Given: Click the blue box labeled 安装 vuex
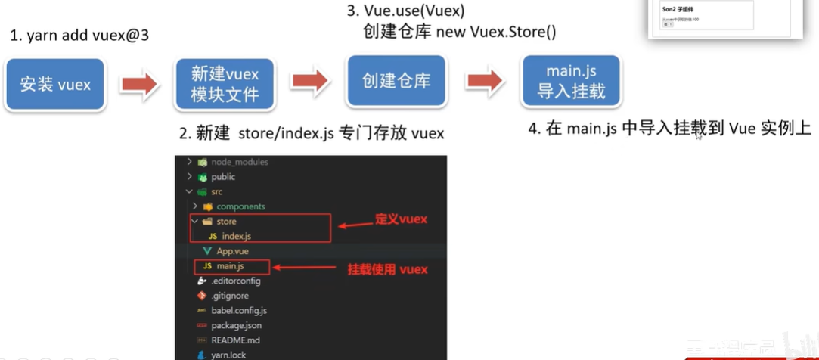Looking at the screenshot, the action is (x=55, y=84).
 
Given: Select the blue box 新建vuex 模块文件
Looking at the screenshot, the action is (x=225, y=84).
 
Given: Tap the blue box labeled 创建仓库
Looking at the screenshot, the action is (x=396, y=81).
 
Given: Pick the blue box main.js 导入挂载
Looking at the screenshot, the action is (x=571, y=81).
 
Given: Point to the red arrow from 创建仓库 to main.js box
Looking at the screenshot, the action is (x=485, y=81).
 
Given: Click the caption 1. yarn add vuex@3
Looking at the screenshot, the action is (x=79, y=36).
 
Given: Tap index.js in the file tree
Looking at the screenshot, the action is (x=236, y=237).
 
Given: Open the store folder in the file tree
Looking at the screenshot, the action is (x=226, y=222).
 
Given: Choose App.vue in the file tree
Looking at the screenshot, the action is (x=232, y=251).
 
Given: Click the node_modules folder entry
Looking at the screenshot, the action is (x=239, y=162).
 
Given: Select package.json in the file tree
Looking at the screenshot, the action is (x=237, y=325).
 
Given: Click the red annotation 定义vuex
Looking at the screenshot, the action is (x=402, y=219).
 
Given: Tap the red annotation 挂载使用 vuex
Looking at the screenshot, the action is (x=387, y=269).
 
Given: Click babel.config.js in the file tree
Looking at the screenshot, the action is (x=239, y=310).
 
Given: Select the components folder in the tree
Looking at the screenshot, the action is (x=240, y=206).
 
